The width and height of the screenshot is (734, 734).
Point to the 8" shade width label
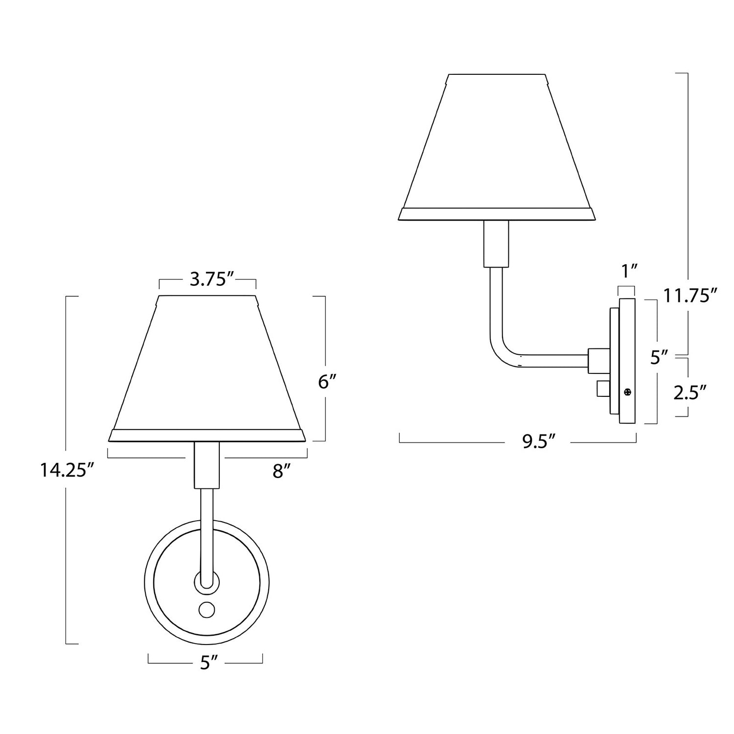pos(282,471)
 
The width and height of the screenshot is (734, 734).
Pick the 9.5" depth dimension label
pos(538,441)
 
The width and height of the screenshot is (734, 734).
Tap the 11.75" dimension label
pos(690,295)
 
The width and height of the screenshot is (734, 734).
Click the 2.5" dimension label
pos(690,392)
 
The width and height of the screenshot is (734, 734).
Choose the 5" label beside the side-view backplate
pos(659,358)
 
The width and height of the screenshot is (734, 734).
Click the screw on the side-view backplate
pos(628,391)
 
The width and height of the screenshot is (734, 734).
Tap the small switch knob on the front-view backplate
pos(206,609)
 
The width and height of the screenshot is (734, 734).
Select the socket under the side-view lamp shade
pos(496,244)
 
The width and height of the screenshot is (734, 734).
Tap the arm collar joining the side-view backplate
pos(597,360)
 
